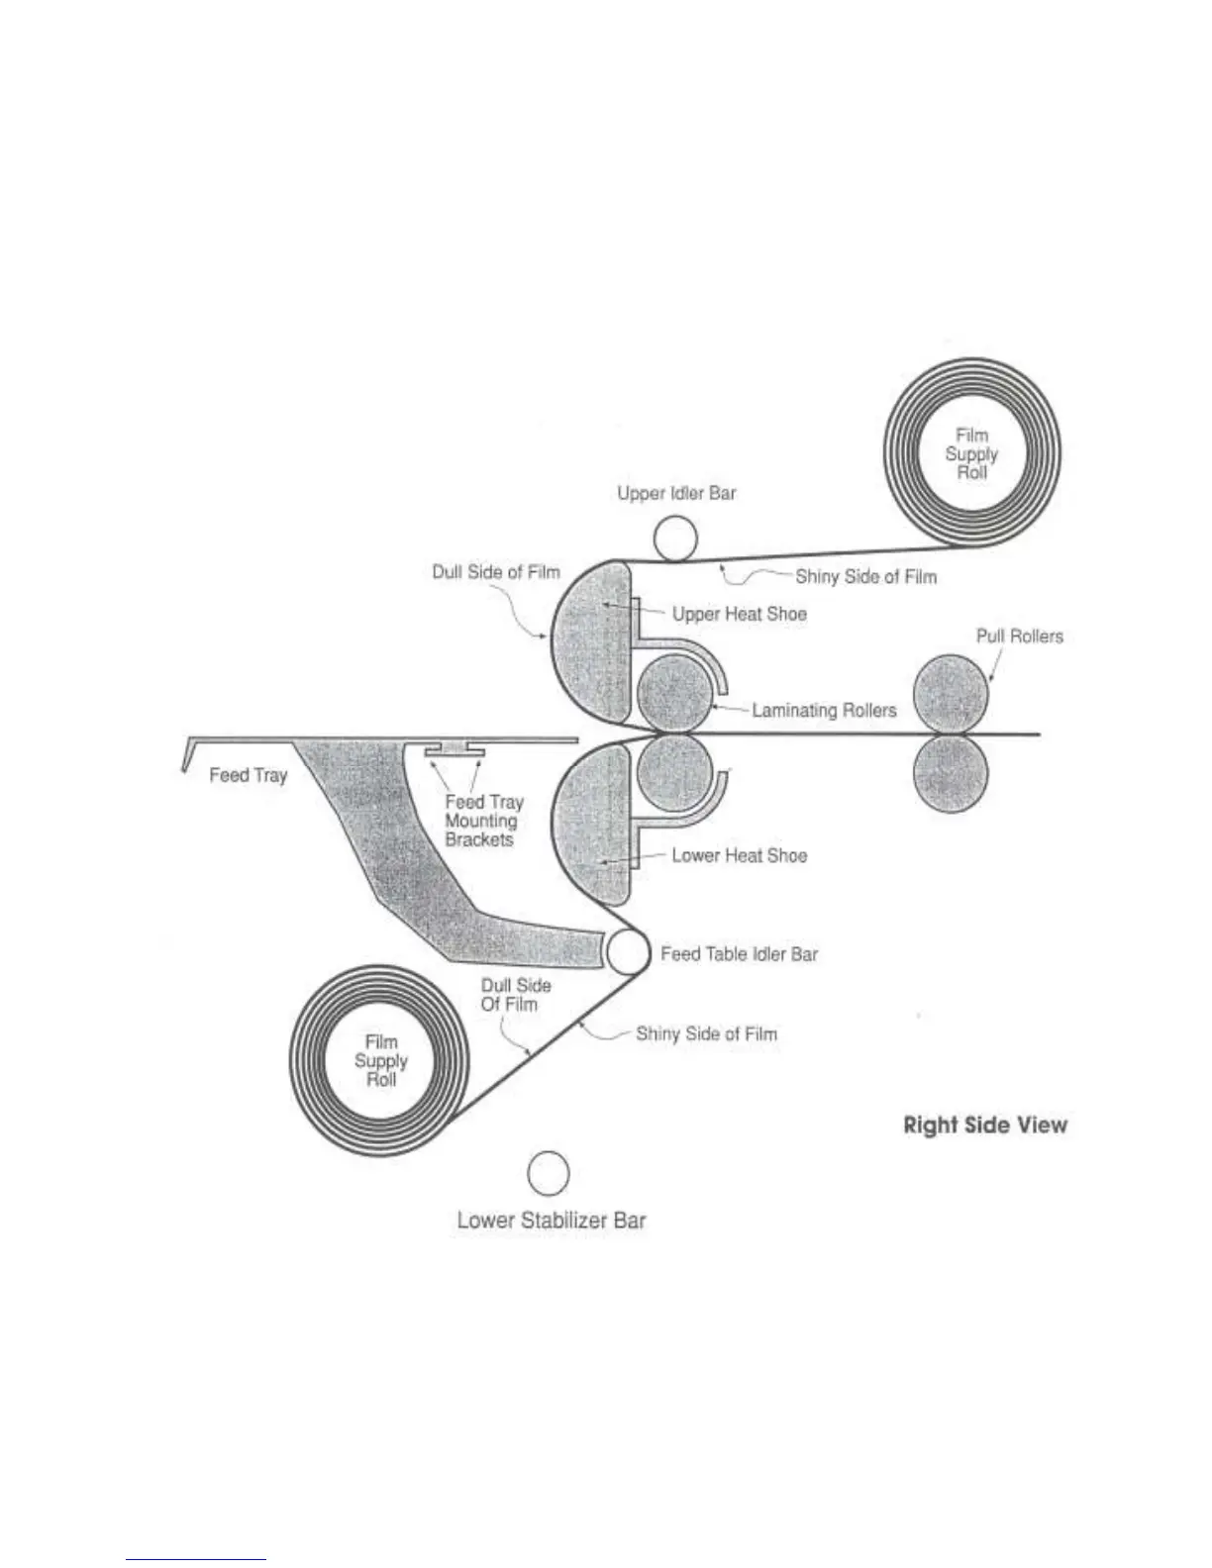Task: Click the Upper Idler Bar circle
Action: (675, 539)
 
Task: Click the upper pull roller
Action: (951, 694)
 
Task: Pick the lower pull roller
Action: (951, 774)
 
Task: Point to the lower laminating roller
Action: (674, 772)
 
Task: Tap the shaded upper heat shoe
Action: (591, 643)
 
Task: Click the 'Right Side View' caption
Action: (985, 1125)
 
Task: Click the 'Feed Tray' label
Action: (248, 775)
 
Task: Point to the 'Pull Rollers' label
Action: (1019, 636)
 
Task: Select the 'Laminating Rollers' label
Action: (824, 710)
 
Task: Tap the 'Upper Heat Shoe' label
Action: (739, 614)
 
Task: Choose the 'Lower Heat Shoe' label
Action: (739, 855)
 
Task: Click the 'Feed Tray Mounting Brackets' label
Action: (482, 821)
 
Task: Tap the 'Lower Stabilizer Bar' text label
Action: (551, 1221)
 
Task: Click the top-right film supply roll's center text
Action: (971, 453)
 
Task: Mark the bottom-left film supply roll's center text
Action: (381, 1060)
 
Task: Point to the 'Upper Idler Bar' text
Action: (676, 493)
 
